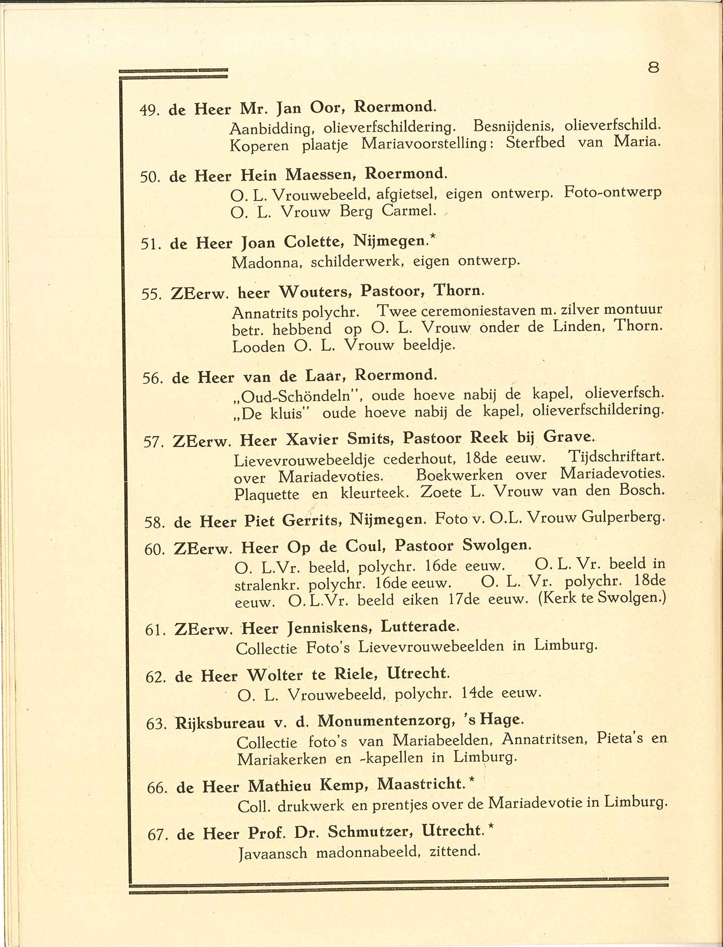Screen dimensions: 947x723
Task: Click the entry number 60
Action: coord(155,550)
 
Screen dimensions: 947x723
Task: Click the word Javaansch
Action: coord(273,853)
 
